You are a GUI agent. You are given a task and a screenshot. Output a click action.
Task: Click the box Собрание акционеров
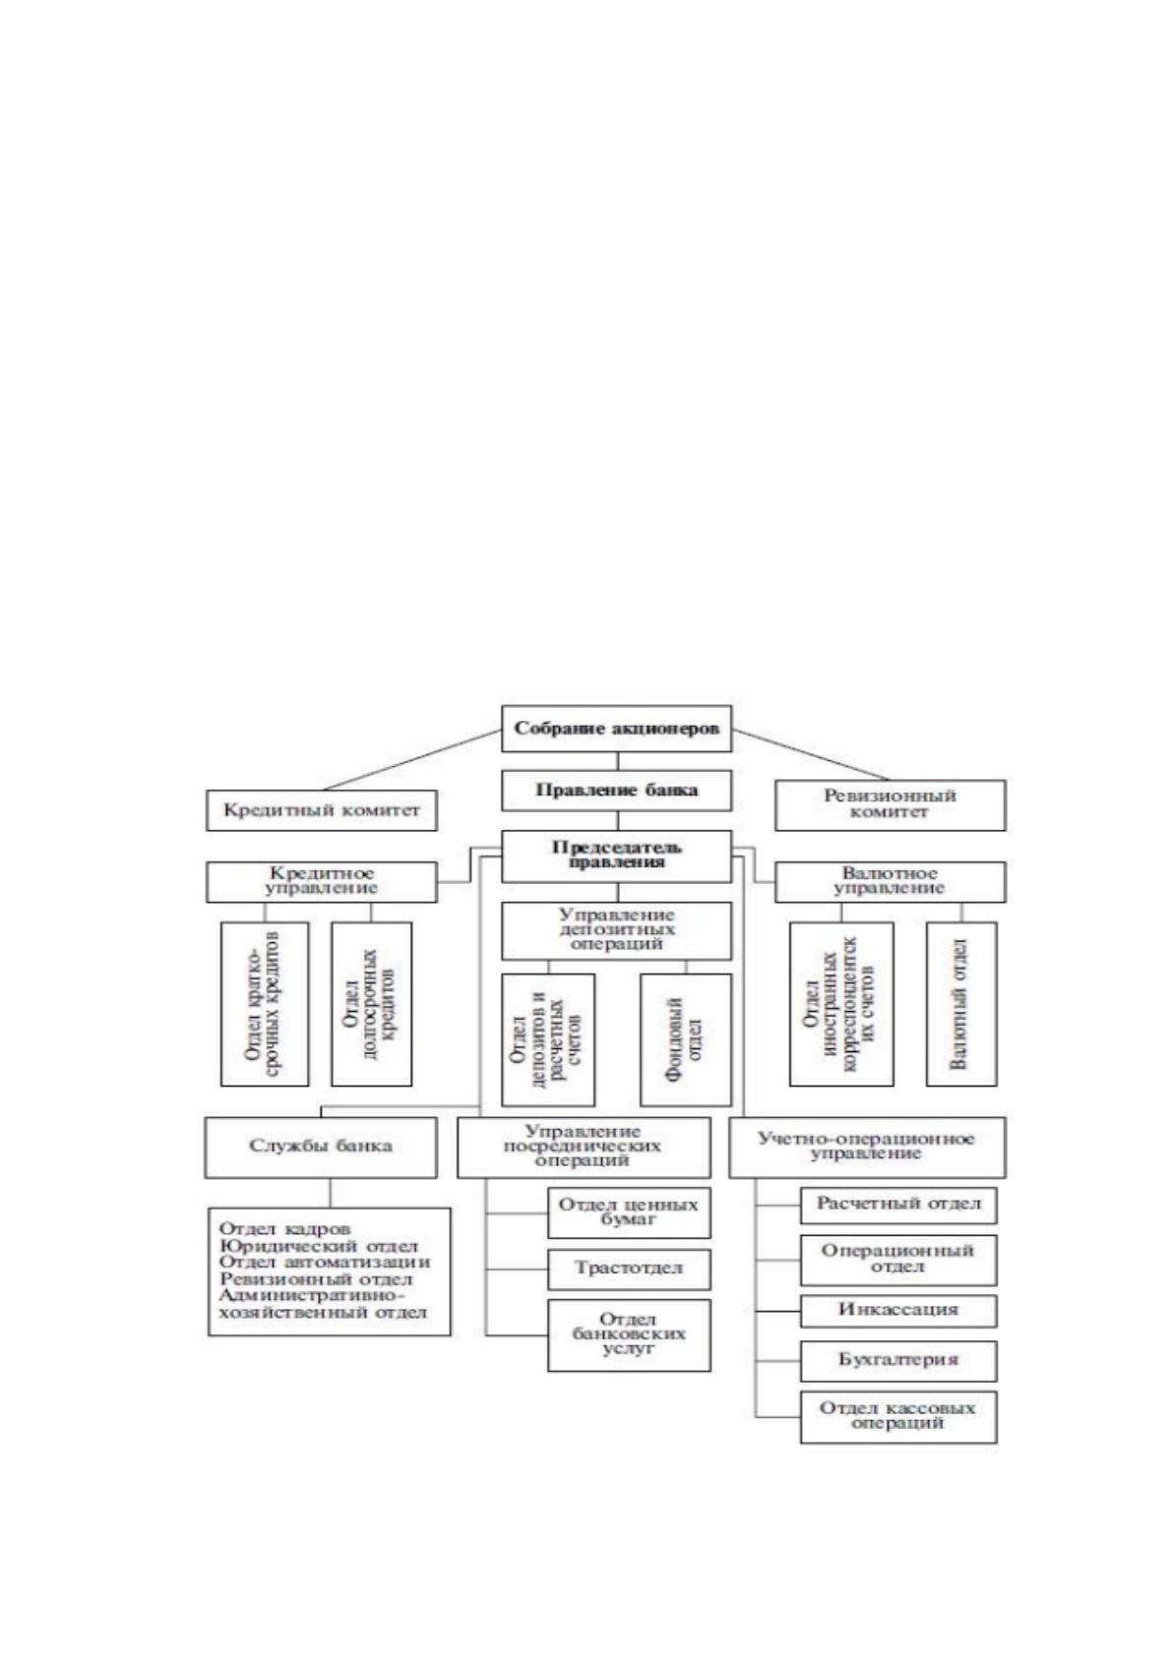tap(616, 729)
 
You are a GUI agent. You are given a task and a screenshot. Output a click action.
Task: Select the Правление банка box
tap(616, 791)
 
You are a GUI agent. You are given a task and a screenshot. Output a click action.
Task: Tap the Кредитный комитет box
tap(321, 810)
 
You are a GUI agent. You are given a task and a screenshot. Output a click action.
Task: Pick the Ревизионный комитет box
tap(891, 805)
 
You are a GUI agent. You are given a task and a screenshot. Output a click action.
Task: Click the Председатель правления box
tap(616, 857)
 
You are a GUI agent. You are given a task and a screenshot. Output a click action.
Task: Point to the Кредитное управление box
tap(321, 881)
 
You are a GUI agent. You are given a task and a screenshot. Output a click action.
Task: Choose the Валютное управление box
tap(891, 881)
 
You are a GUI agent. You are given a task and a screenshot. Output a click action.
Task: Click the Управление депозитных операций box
tap(616, 930)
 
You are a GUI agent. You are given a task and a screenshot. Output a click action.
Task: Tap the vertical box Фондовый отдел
tap(685, 1040)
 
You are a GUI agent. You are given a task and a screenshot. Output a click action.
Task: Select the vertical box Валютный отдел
tap(961, 1004)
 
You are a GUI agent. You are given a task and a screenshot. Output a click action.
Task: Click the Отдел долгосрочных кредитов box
tap(371, 1004)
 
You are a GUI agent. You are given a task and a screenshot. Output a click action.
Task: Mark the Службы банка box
tap(321, 1148)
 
